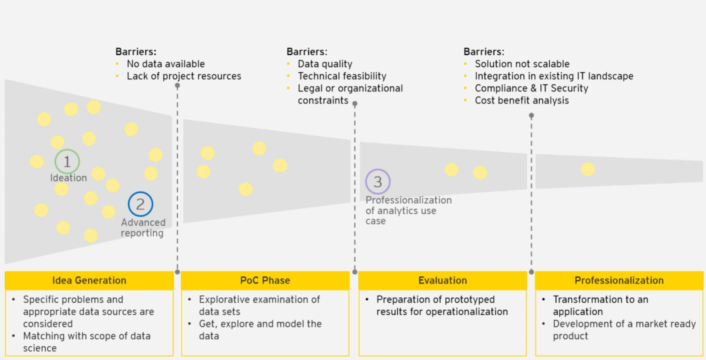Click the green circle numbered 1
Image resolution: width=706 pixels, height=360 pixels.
pyautogui.click(x=67, y=161)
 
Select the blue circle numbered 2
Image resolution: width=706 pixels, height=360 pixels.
pyautogui.click(x=140, y=204)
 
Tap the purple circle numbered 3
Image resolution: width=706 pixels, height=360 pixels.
pyautogui.click(x=378, y=182)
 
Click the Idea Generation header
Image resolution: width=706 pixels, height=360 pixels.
pyautogui.click(x=89, y=280)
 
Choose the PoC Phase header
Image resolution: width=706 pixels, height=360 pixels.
pyautogui.click(x=265, y=280)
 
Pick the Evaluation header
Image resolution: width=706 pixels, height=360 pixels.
pyautogui.click(x=443, y=280)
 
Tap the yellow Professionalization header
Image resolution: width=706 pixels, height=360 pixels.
pyautogui.click(x=619, y=280)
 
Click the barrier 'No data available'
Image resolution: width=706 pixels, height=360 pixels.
pyautogui.click(x=166, y=64)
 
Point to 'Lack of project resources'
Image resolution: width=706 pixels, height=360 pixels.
pyautogui.click(x=184, y=76)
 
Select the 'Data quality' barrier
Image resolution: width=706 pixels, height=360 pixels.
pyautogui.click(x=325, y=64)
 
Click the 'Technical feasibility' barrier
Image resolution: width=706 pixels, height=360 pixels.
pyautogui.click(x=342, y=76)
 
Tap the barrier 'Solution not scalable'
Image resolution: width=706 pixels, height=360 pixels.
pyautogui.click(x=522, y=64)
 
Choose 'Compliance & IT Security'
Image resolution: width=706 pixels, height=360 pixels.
pyautogui.click(x=531, y=88)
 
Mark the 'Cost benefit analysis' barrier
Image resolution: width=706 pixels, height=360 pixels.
pyautogui.click(x=522, y=100)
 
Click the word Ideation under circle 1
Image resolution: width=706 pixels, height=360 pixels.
pyautogui.click(x=68, y=178)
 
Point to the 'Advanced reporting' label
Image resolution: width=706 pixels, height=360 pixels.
pyautogui.click(x=143, y=228)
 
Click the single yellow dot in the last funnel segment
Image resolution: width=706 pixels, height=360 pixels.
pyautogui.click(x=588, y=169)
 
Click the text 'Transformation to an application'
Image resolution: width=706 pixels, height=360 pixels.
pyautogui.click(x=600, y=305)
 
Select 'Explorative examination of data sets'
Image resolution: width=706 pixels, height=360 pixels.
pyautogui.click(x=259, y=305)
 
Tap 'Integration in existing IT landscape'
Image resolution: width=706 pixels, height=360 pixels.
pyautogui.click(x=554, y=76)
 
